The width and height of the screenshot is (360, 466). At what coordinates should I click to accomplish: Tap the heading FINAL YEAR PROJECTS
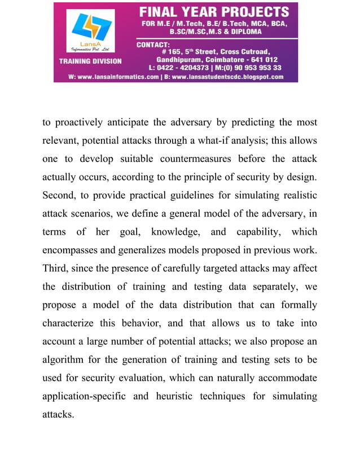click(214, 12)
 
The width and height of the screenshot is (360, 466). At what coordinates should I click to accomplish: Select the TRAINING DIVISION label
click(94, 60)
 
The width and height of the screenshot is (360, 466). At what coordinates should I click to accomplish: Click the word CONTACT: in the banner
click(153, 44)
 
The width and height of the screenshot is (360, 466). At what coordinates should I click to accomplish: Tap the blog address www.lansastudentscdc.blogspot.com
click(228, 77)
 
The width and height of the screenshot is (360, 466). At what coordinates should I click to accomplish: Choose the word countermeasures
click(193, 159)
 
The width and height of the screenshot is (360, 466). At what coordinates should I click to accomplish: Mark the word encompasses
click(73, 250)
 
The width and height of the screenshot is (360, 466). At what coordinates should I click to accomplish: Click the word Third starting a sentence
click(56, 268)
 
